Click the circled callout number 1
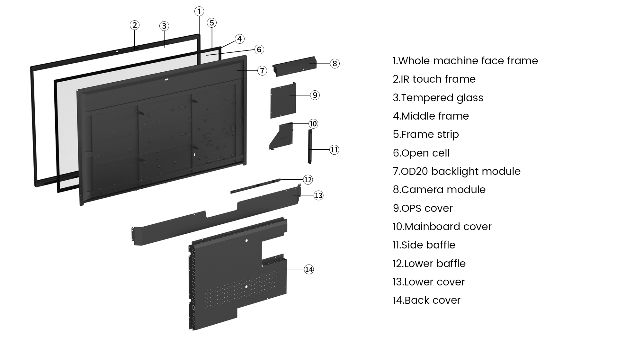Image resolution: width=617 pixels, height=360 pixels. (199, 12)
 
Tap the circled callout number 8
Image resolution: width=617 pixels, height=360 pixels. (335, 64)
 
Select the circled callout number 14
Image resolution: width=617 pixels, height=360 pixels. (309, 269)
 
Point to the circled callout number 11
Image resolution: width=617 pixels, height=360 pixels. (334, 150)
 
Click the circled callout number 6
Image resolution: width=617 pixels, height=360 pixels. (259, 50)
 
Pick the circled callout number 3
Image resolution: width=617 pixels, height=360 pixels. (164, 26)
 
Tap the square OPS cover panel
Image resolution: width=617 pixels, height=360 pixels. (283, 100)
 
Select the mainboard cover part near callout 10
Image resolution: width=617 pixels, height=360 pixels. (281, 137)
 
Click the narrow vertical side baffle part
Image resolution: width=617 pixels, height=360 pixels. (310, 146)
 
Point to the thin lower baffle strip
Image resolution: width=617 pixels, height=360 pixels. (255, 186)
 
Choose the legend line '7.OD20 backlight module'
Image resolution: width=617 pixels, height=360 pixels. (456, 171)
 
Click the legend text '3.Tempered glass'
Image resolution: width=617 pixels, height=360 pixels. (438, 98)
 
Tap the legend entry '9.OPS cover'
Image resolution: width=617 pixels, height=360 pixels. (423, 208)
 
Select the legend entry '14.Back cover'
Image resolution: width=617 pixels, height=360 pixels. (426, 300)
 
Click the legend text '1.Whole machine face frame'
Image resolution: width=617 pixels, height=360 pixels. (465, 61)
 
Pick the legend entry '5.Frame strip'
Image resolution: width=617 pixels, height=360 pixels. (426, 134)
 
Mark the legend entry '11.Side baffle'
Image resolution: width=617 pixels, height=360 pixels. (424, 245)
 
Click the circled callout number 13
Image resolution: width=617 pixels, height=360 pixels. (318, 195)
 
